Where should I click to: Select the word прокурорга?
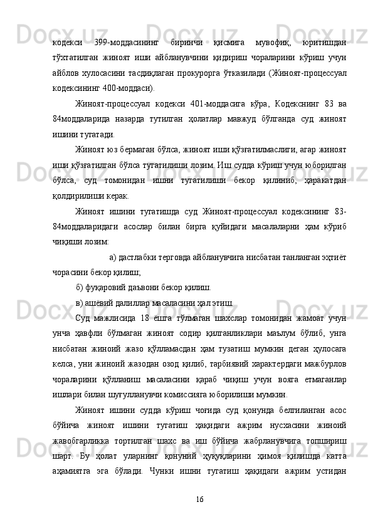[211, 73]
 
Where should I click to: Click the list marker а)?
[113, 256]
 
